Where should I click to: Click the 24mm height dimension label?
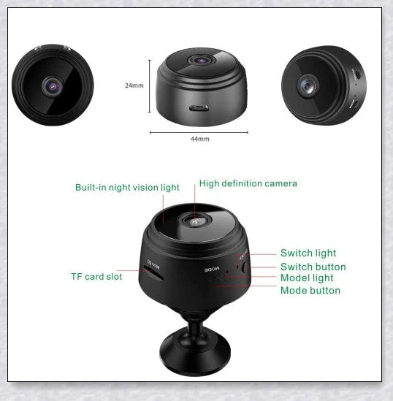coord(134,85)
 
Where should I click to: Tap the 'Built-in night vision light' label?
coord(127,188)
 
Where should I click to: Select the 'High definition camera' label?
coord(248,183)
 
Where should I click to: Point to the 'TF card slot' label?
coord(96,277)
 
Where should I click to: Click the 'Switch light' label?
coord(308,253)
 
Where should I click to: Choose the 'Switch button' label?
coord(313,267)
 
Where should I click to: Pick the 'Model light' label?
coord(307,278)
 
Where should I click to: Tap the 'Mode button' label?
coord(310,291)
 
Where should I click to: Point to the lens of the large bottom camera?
coord(196,221)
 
